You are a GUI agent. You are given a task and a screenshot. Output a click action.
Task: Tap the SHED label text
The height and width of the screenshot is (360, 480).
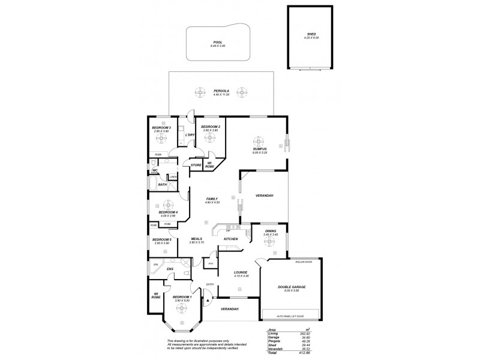pos(312,34)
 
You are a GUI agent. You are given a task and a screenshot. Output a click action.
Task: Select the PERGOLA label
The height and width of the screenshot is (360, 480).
pos(221,91)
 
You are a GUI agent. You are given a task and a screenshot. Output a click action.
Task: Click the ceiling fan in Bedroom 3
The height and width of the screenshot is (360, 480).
pos(161,137)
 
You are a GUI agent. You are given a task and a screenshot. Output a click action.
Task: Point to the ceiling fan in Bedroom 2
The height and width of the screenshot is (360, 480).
pos(210,137)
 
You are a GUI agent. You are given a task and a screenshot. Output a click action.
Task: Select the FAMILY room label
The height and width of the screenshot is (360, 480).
pos(212,199)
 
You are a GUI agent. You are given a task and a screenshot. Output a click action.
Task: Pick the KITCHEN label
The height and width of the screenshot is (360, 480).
pos(231,239)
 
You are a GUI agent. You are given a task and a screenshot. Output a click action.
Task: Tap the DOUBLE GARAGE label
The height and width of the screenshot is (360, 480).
pos(292,287)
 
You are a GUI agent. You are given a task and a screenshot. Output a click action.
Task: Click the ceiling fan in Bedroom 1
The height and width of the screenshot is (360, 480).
pos(181,307)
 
